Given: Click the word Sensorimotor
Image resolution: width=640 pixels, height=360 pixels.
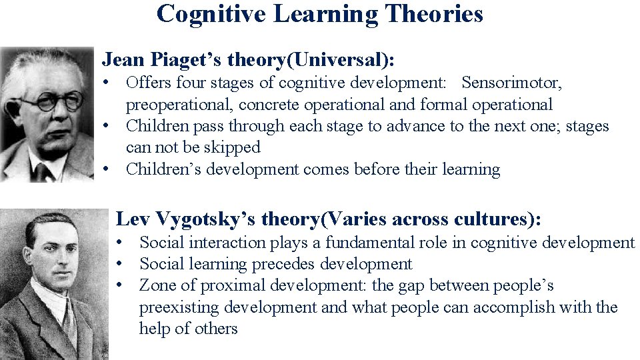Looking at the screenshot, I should point(512,83).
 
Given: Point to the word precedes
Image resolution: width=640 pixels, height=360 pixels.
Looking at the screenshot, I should point(284,264).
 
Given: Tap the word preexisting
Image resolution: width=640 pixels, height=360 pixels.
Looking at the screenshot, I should point(179,307).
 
